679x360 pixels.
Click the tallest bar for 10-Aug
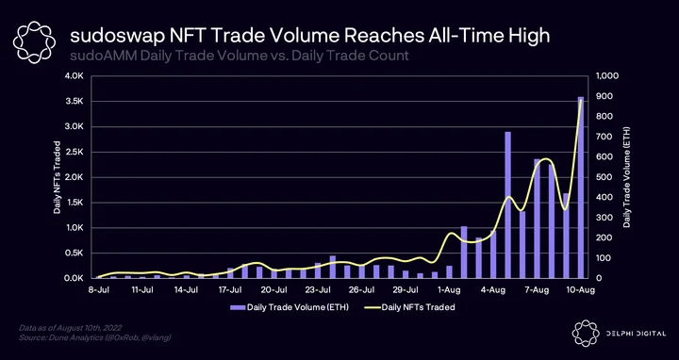point(581,188)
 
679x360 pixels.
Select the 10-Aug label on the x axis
point(580,290)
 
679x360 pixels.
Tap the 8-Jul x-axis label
point(99,290)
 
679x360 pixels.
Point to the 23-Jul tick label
point(319,290)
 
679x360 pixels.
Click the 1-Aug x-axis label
point(449,290)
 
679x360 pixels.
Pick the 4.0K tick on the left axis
point(80,76)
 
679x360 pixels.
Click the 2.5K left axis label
point(80,152)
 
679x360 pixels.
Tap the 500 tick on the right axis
point(604,177)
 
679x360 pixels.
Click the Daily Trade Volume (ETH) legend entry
point(290,307)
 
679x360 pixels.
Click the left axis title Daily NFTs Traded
point(57,177)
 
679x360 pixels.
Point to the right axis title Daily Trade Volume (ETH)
point(626,177)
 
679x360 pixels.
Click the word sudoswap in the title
point(117,37)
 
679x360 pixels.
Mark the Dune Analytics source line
point(95,337)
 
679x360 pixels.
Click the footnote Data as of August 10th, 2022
point(71,328)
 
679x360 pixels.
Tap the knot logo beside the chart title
point(34,42)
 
